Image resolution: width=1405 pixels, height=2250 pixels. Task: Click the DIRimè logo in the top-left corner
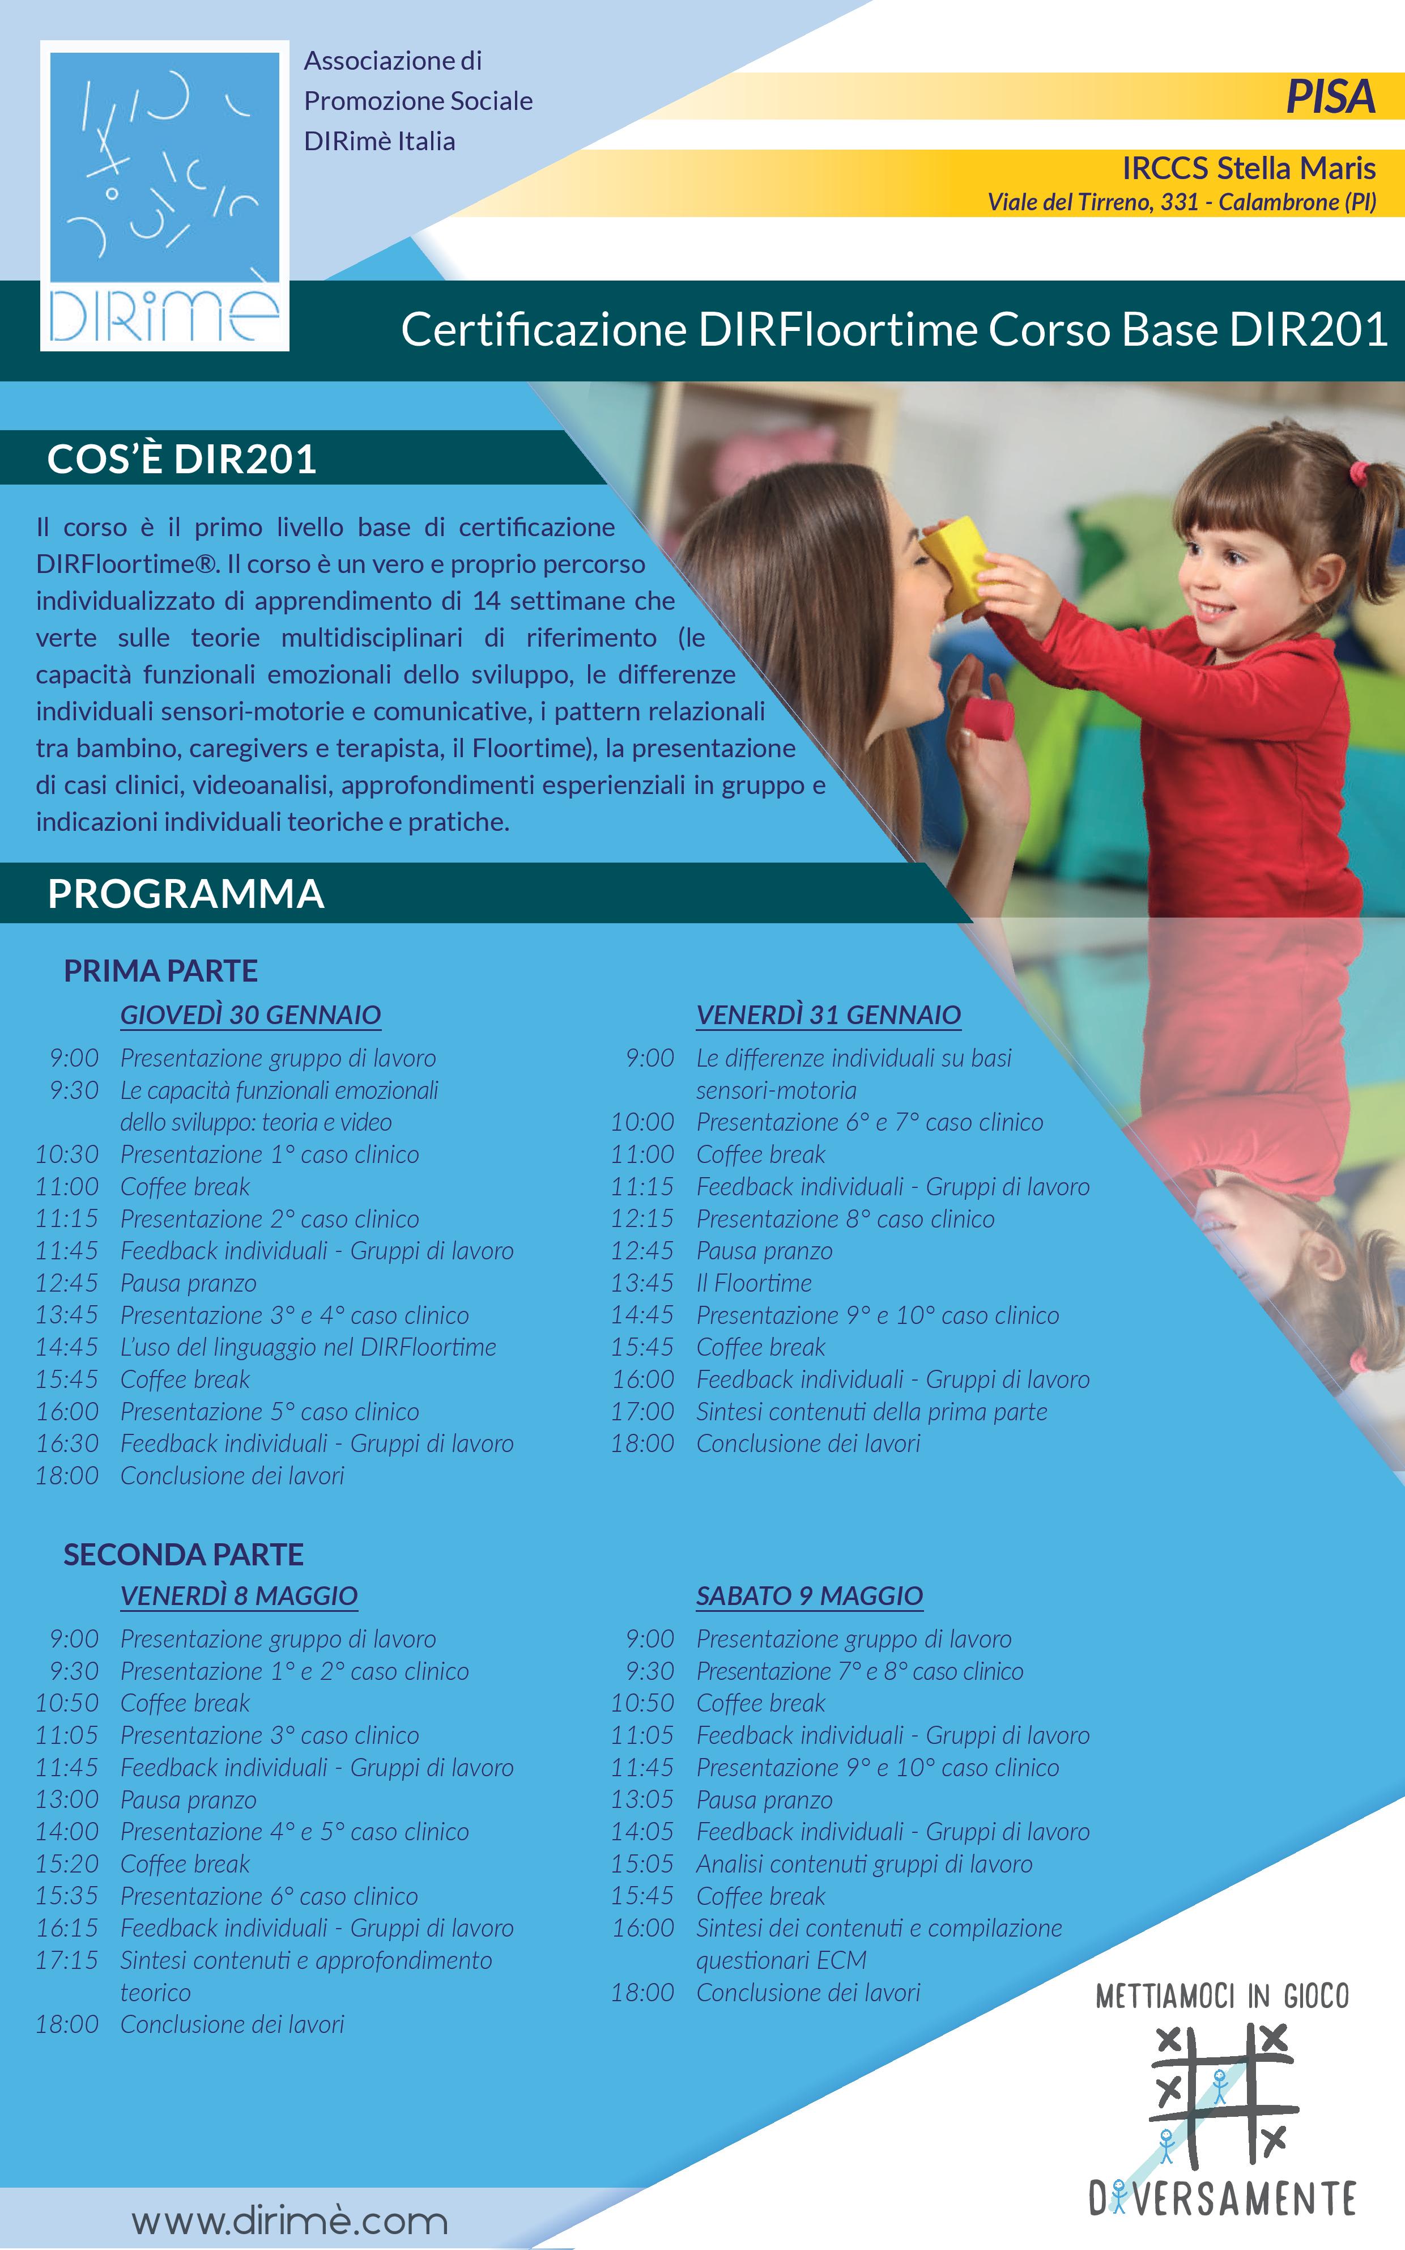click(164, 195)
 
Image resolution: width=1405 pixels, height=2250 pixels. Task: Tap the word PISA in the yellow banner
click(1330, 97)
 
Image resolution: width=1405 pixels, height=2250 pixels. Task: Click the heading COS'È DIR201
click(182, 459)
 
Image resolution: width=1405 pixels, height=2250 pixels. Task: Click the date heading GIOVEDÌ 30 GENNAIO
click(251, 1015)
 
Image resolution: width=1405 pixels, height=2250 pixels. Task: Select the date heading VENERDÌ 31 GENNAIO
click(828, 1015)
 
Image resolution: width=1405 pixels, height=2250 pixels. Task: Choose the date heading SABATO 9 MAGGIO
click(810, 1596)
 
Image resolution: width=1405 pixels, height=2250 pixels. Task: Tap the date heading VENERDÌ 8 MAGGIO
click(239, 1596)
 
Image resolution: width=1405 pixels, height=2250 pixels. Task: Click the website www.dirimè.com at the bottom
click(290, 2221)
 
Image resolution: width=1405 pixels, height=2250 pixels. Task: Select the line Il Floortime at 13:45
click(753, 1284)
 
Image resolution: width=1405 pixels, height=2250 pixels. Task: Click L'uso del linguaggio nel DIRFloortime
click(309, 1348)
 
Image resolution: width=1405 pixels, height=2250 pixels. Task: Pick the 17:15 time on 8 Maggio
click(67, 1960)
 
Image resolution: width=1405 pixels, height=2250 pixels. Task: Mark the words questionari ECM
click(781, 1960)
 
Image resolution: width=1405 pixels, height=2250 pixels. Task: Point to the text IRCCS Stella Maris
click(1249, 168)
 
